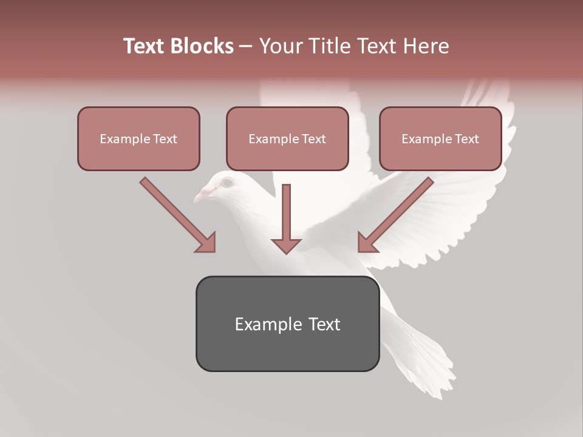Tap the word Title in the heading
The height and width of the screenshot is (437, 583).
pos(328,46)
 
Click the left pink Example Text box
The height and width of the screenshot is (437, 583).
pos(138,138)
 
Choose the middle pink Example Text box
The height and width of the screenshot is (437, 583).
pos(287,138)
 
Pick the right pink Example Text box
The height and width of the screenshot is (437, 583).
pos(440,138)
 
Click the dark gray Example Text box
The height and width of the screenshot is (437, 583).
pos(287,324)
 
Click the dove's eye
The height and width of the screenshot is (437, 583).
pos(227,181)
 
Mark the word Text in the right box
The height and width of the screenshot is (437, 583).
pos(466,139)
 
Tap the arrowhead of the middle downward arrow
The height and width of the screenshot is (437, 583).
pos(287,245)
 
